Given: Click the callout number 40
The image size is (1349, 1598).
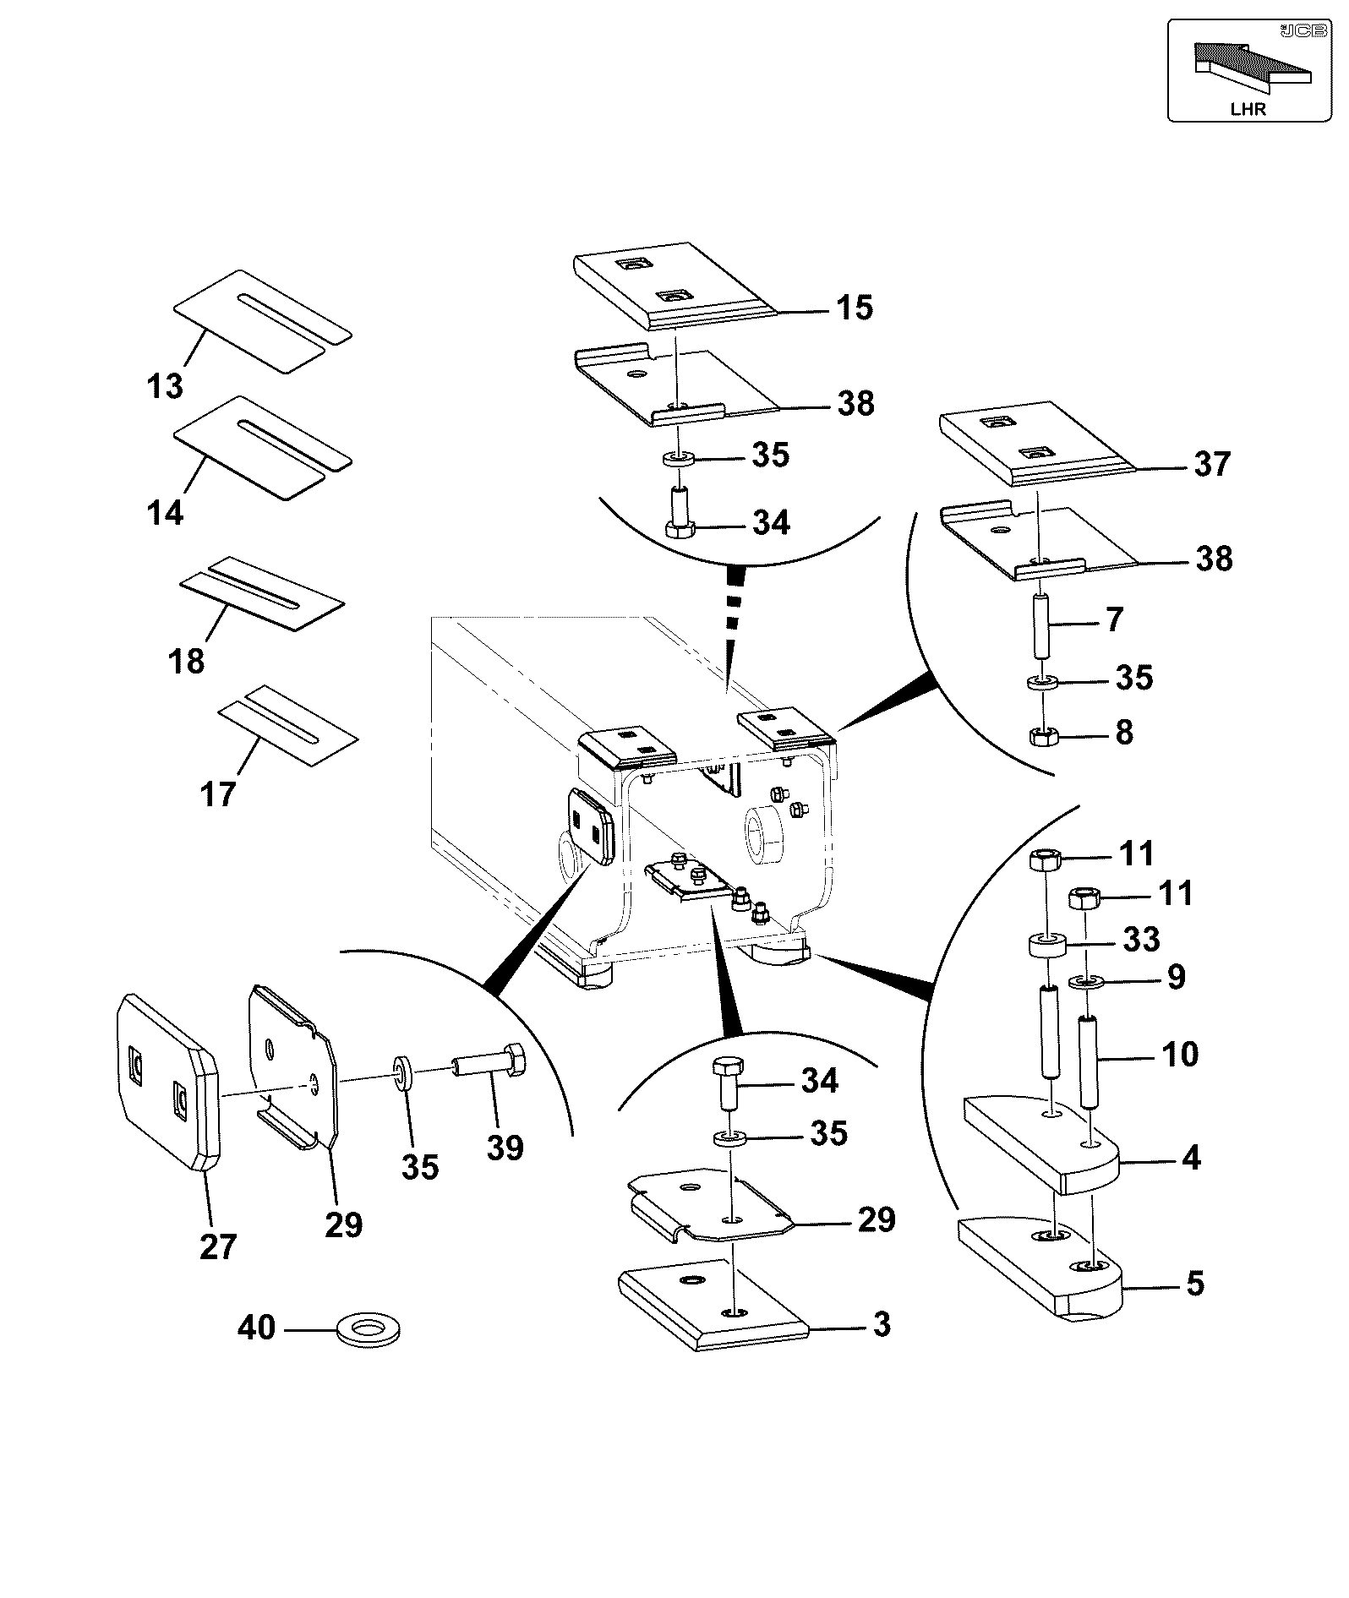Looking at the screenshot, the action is point(256,1328).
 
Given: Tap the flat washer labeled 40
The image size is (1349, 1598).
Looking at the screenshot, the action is point(369,1329).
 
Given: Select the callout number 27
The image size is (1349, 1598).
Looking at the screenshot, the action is point(218,1246).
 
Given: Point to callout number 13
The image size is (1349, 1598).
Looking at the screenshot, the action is point(165,386).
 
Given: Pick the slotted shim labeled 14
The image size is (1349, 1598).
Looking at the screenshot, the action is point(263,447).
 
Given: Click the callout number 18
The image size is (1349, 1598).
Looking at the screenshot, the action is point(187,660).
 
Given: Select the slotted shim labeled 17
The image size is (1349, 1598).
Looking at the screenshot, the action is point(288,725).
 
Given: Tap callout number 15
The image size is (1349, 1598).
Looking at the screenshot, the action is point(855,307).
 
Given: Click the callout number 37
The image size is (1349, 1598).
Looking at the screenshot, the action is point(1212,464).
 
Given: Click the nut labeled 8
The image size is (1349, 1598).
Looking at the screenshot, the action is point(1041,736).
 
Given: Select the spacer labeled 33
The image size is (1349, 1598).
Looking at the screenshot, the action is point(1047,944).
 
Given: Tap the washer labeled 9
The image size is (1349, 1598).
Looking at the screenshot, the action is point(1084,982).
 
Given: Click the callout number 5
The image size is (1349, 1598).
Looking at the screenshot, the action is point(1195,1284).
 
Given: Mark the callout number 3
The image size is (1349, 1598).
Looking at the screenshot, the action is point(882,1324).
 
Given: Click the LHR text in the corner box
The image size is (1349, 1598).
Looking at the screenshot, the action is point(1248,109).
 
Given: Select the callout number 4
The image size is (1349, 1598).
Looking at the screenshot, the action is point(1191,1157).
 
